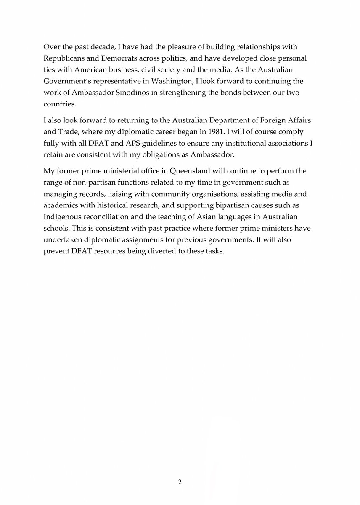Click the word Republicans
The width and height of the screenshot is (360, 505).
coord(64,57)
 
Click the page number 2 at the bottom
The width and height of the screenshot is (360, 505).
coord(180,482)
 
